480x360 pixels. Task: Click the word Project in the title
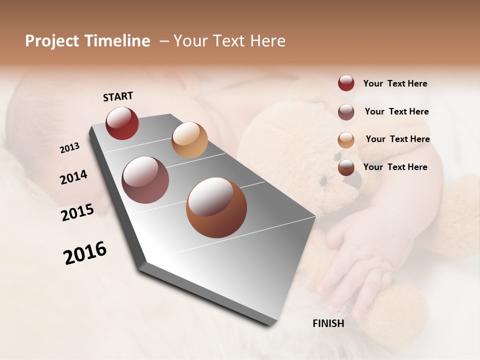tap(52, 41)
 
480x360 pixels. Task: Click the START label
tap(118, 96)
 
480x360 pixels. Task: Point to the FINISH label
tap(328, 323)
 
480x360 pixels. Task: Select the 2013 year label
tap(69, 148)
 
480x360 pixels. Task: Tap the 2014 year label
tap(73, 177)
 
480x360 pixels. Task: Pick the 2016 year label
tap(85, 253)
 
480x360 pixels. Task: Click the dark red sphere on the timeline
tap(122, 123)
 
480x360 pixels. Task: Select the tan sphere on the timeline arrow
tap(189, 140)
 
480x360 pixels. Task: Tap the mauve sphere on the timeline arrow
tap(145, 180)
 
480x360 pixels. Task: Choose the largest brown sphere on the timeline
tap(216, 207)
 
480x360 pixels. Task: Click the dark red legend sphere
tap(346, 83)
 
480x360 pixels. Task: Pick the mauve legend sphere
tap(346, 112)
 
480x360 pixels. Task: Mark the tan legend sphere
tap(346, 140)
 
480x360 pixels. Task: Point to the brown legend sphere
tap(346, 167)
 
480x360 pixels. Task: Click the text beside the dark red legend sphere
tap(395, 83)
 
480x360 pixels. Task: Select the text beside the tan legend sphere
tap(397, 139)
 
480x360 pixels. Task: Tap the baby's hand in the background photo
tap(360, 260)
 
